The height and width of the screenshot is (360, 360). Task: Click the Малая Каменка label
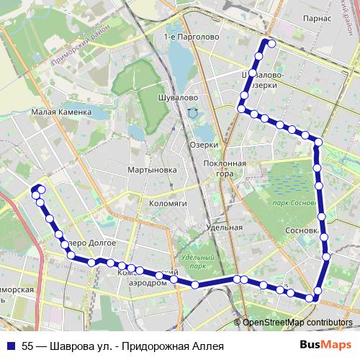tap(61, 112)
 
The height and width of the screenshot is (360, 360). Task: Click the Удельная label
tap(223, 228)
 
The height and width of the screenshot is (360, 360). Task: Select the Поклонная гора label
tap(225, 168)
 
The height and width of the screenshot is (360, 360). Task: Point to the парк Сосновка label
tap(295, 204)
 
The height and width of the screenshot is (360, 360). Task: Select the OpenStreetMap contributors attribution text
tap(297, 323)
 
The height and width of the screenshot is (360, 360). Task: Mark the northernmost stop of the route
tap(272, 43)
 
